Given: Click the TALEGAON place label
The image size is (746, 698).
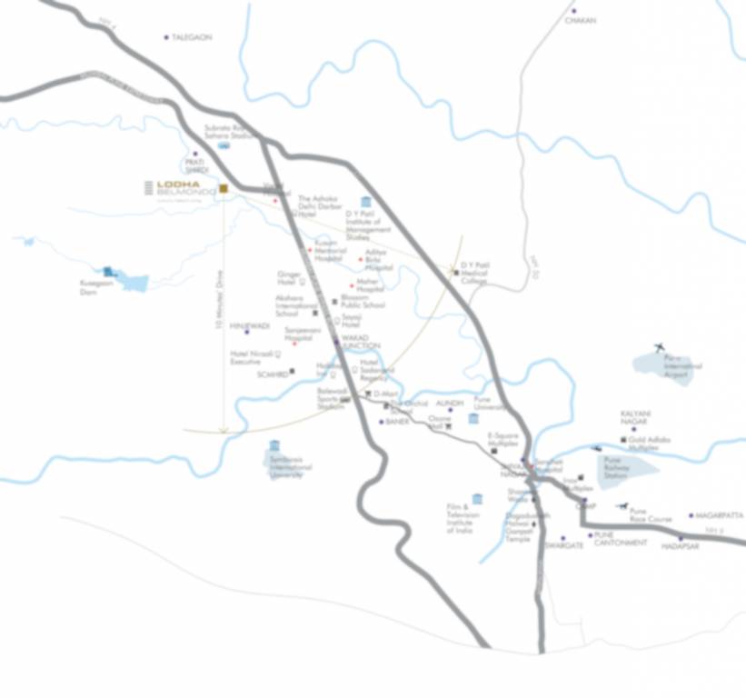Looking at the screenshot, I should (192, 37).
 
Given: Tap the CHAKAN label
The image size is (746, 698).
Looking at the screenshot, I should (581, 20).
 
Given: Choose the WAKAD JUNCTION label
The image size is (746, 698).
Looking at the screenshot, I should (361, 342).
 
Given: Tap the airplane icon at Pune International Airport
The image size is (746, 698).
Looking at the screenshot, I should (660, 346).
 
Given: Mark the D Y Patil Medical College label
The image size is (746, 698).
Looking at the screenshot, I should (474, 273).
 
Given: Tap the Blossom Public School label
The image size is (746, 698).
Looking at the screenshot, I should (363, 303).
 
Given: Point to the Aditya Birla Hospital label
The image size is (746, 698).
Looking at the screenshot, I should (379, 260).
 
